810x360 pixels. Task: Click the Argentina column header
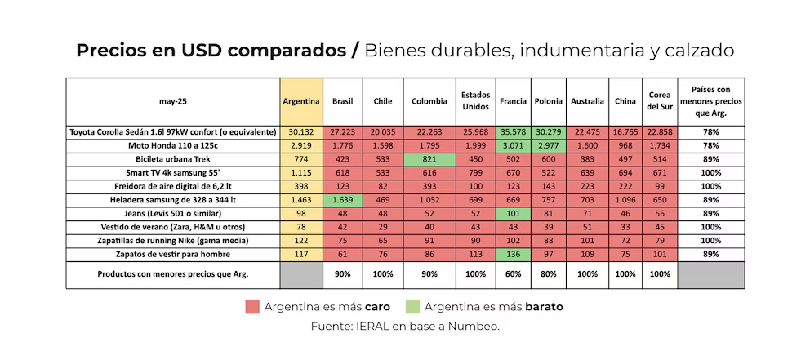(x=301, y=101)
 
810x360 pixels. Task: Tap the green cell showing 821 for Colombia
(x=430, y=159)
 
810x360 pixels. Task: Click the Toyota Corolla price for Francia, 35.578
(x=514, y=132)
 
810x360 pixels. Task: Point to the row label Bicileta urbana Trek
(x=172, y=159)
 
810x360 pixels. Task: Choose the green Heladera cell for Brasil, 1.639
(x=343, y=199)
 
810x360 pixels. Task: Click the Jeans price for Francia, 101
(x=514, y=213)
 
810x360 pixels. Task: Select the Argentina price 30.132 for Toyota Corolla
(x=301, y=132)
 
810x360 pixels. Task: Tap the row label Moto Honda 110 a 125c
(x=172, y=145)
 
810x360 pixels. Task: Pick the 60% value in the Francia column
(x=514, y=275)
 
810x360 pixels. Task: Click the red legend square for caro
(x=252, y=307)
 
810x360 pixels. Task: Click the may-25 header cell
(x=172, y=101)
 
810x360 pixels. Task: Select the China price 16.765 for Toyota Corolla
(x=626, y=132)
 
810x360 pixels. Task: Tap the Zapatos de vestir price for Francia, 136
(x=514, y=254)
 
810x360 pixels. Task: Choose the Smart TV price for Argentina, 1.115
(x=301, y=172)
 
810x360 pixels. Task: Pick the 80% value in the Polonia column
(x=548, y=275)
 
